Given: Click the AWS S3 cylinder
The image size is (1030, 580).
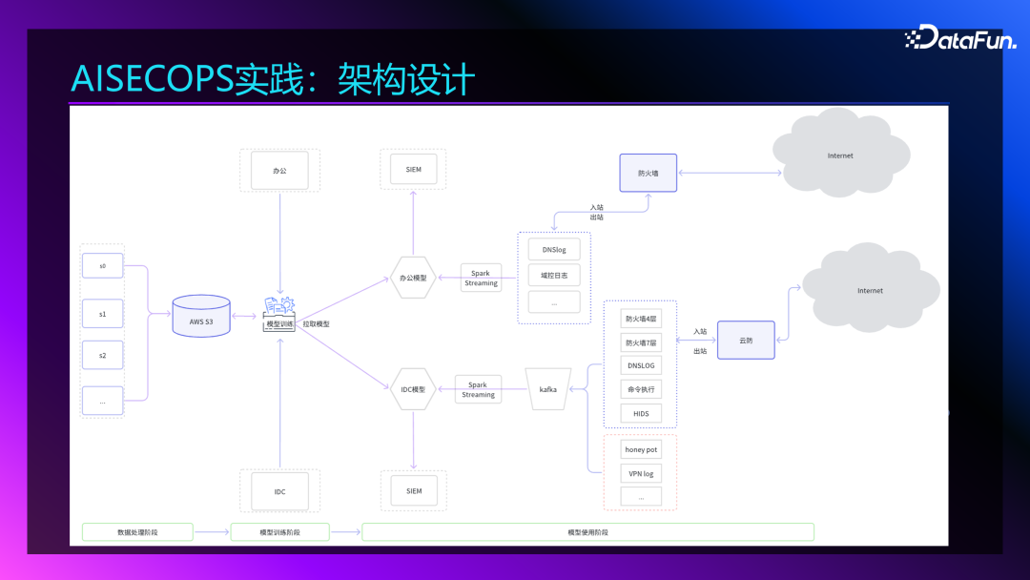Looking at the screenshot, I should pyautogui.click(x=201, y=316).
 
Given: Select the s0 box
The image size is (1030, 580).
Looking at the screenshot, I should pyautogui.click(x=102, y=266).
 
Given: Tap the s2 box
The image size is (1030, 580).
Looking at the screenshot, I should pyautogui.click(x=102, y=355).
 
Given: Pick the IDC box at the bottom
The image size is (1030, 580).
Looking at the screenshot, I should pyautogui.click(x=279, y=491).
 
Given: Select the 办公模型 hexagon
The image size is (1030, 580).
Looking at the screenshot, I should pyautogui.click(x=413, y=279).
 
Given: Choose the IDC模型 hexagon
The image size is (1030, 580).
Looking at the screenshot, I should pyautogui.click(x=413, y=389).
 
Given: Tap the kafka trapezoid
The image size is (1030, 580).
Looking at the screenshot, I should pyautogui.click(x=548, y=389).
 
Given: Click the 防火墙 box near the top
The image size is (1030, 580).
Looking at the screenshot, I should pyautogui.click(x=648, y=174).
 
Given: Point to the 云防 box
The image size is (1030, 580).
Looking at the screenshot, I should pyautogui.click(x=746, y=340).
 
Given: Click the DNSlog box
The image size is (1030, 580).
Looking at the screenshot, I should pyautogui.click(x=554, y=250).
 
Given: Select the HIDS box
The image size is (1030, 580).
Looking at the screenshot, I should pyautogui.click(x=640, y=413).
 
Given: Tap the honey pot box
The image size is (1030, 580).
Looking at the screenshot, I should pyautogui.click(x=640, y=449).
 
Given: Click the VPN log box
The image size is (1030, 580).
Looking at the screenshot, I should pyautogui.click(x=640, y=473).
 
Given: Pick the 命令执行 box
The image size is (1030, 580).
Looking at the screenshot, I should pyautogui.click(x=640, y=389).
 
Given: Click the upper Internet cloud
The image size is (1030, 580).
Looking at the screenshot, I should pyautogui.click(x=839, y=155).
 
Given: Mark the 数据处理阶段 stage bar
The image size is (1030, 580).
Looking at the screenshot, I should pyautogui.click(x=137, y=532).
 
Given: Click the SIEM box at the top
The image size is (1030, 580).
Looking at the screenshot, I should pyautogui.click(x=413, y=169).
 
